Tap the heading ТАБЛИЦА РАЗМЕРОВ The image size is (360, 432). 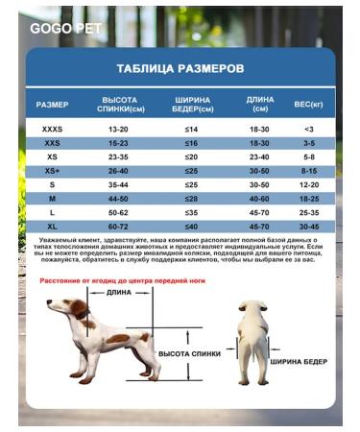180,69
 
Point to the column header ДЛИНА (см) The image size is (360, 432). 259,104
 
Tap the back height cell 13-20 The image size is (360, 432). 119,129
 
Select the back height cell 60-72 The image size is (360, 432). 119,225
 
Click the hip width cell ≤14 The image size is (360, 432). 191,129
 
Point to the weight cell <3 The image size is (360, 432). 308,129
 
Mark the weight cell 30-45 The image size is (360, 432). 308,225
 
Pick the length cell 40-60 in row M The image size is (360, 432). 259,197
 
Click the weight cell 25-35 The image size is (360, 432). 308,210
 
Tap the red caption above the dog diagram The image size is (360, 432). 123,280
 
